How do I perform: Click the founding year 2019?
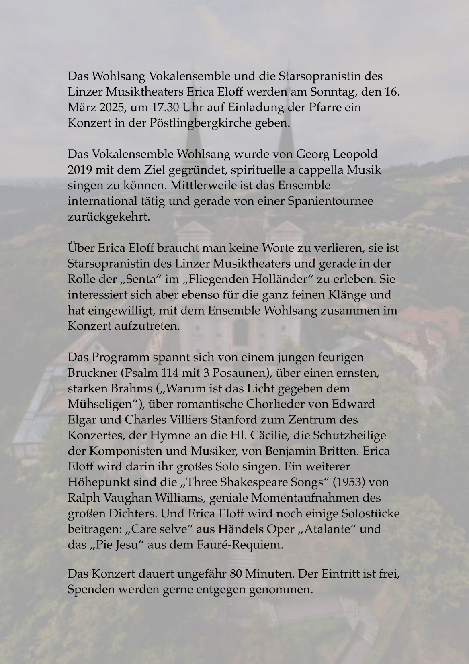point(80,170)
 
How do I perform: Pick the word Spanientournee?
point(330,201)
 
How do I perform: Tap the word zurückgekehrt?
point(109,217)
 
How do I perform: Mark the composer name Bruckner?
point(92,373)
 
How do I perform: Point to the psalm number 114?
point(169,373)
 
